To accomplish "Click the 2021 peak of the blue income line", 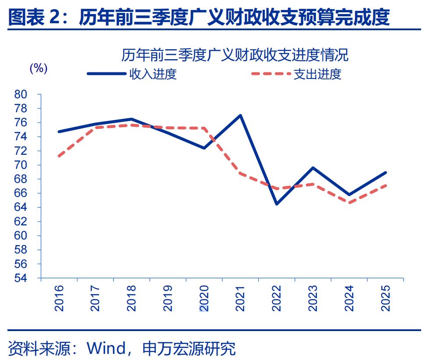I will [x=241, y=115].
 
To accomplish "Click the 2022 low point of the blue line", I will [x=277, y=204].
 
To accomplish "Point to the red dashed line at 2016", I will [x=59, y=156].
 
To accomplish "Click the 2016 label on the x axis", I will [x=59, y=298].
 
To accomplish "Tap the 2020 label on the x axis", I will [x=204, y=298].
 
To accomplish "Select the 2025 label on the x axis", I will [x=386, y=298].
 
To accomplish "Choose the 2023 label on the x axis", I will [x=313, y=298].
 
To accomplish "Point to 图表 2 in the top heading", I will [x=33, y=18].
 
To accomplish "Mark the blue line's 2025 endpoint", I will [x=386, y=172].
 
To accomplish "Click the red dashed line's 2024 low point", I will [x=349, y=203].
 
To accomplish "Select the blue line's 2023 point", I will [x=313, y=168].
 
